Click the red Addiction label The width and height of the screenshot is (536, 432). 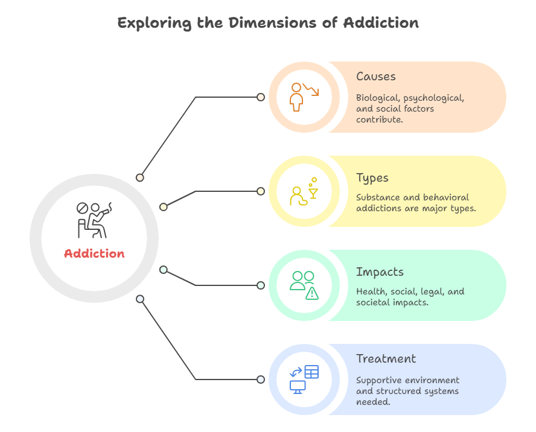(x=94, y=253)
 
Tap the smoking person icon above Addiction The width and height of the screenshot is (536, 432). (x=94, y=220)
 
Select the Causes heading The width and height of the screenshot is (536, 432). (x=375, y=77)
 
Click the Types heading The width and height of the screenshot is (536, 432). (x=372, y=178)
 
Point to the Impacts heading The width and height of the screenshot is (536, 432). (x=380, y=272)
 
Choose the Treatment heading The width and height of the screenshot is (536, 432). (x=386, y=359)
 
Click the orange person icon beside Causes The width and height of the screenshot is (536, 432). (x=301, y=97)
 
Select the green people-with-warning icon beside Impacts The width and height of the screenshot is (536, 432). (x=304, y=285)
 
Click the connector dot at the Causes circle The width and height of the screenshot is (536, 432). (x=261, y=97)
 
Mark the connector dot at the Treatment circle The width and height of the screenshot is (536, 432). (x=261, y=380)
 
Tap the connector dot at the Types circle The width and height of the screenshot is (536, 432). (x=261, y=191)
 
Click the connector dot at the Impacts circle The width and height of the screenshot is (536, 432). (x=261, y=285)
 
